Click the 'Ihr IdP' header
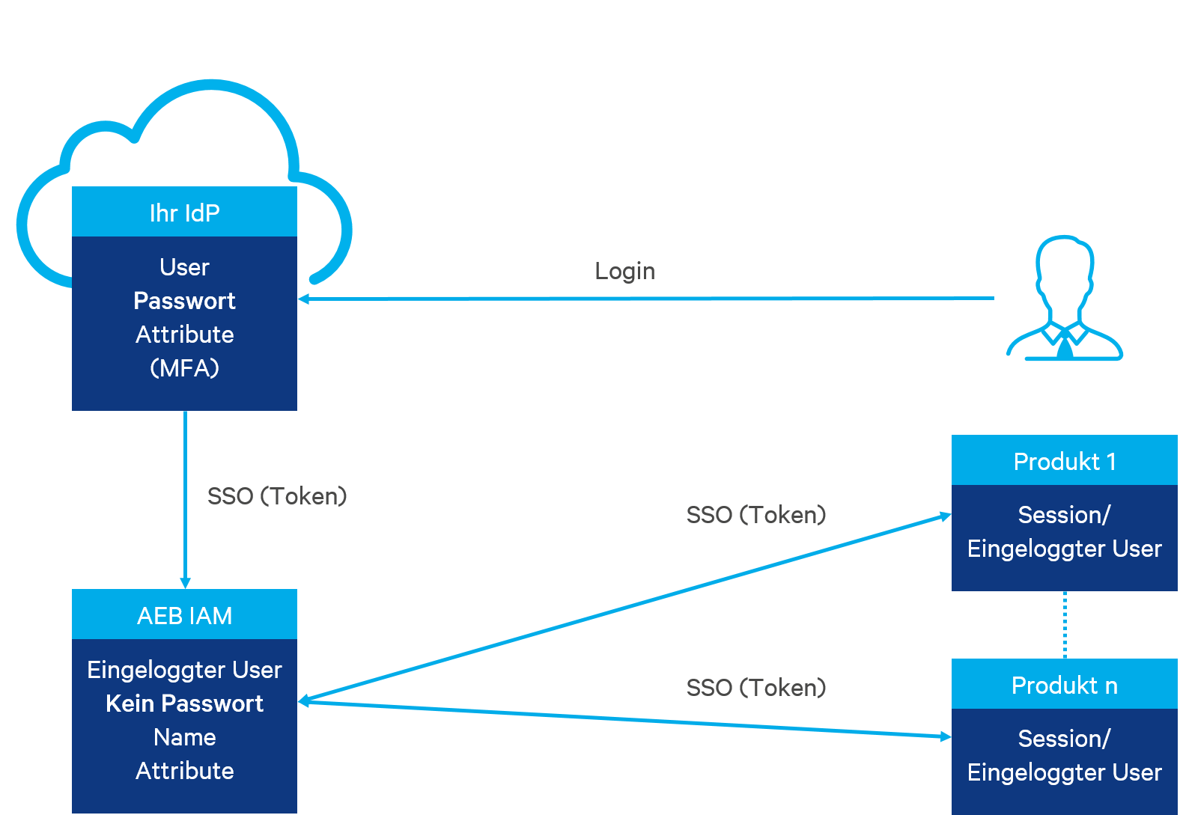184,213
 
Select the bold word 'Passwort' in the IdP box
184,301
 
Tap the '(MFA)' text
184,368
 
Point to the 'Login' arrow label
624,271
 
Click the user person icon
1064,299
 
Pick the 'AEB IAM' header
184,615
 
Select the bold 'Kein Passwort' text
184,703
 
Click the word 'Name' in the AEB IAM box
184,737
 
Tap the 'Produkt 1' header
1064,462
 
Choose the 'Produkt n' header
1064,686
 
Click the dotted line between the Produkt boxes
1065,625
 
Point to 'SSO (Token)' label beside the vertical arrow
277,496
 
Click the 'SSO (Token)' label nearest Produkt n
756,688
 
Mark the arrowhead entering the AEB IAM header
186,583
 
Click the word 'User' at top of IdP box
184,267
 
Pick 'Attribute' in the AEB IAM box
184,771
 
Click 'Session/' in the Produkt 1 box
1064,515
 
